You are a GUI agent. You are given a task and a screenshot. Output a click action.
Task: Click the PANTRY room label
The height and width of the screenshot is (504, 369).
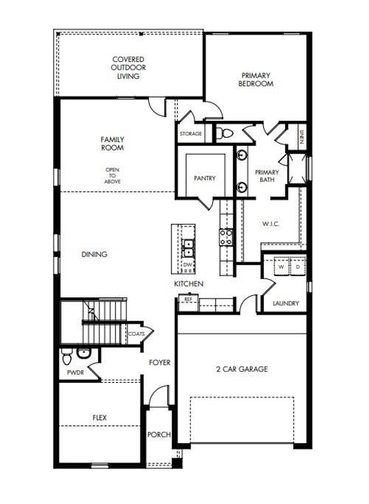pos(205,178)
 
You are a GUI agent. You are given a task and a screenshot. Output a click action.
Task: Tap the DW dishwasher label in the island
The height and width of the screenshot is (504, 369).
pos(187,265)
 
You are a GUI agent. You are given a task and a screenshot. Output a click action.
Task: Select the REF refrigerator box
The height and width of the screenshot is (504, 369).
pos(188,300)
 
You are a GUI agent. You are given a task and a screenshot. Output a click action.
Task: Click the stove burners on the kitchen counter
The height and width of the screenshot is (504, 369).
pos(226,237)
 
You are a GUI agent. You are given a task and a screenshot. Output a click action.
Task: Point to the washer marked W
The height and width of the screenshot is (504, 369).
pos(281,267)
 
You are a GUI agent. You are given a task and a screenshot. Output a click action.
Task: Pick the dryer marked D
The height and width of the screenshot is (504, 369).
pos(298,267)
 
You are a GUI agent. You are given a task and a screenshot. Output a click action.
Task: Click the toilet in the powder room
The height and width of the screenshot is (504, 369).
pos(67,358)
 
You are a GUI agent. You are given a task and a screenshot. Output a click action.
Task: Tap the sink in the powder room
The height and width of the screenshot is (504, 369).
pos(84,353)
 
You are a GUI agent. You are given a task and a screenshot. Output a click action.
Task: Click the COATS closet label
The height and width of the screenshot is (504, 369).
pos(136,334)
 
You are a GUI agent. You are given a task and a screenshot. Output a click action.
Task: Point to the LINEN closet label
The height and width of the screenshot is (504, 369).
pos(302,137)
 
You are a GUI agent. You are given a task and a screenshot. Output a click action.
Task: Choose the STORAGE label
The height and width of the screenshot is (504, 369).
pos(191,134)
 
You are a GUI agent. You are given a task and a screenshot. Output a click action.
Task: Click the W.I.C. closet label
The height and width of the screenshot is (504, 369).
pos(271,224)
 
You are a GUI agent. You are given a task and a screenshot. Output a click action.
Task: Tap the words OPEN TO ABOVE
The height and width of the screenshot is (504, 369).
pos(112,175)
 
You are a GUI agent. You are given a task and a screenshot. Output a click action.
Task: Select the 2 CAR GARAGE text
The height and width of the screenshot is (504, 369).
pos(242,369)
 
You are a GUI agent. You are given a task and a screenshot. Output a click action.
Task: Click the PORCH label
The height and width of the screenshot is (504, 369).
pos(159,435)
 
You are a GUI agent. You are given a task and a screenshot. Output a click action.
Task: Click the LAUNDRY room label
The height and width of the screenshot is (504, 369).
pos(286,303)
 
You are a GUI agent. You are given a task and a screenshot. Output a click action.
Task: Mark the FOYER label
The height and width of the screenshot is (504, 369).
pos(160,363)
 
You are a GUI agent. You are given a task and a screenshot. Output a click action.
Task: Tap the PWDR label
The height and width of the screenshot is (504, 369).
pos(75,373)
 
